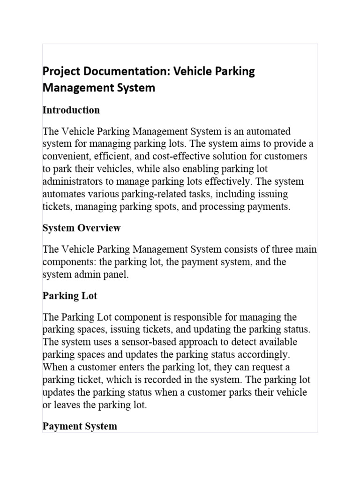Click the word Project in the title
pos(59,72)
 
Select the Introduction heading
pos(71,110)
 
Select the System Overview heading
pos(82,228)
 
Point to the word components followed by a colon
pos(66,262)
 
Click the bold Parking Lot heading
pos(70,296)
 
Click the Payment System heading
pos(80,426)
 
